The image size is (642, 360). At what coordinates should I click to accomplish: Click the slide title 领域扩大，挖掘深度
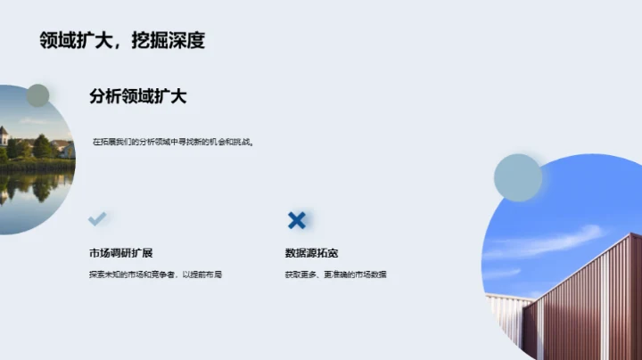[122, 40]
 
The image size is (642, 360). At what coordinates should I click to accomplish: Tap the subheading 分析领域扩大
[137, 97]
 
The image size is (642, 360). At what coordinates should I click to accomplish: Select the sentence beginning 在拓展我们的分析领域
[174, 142]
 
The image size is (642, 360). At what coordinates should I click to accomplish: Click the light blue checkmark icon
[97, 218]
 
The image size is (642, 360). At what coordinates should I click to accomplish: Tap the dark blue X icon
[297, 220]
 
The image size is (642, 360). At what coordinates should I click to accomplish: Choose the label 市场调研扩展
[114, 252]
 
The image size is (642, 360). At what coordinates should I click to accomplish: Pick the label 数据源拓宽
[311, 252]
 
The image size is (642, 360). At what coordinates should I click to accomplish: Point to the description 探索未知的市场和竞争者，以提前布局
[155, 274]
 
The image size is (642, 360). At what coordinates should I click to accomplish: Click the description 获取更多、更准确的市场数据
[335, 274]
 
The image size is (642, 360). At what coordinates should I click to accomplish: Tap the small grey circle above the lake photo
[37, 95]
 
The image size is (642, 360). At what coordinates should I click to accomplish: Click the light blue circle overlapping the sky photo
[518, 177]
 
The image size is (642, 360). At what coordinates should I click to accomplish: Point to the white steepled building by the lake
[4, 138]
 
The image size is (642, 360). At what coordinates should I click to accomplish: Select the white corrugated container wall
[508, 321]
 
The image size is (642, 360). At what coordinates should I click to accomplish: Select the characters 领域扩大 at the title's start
[69, 40]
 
